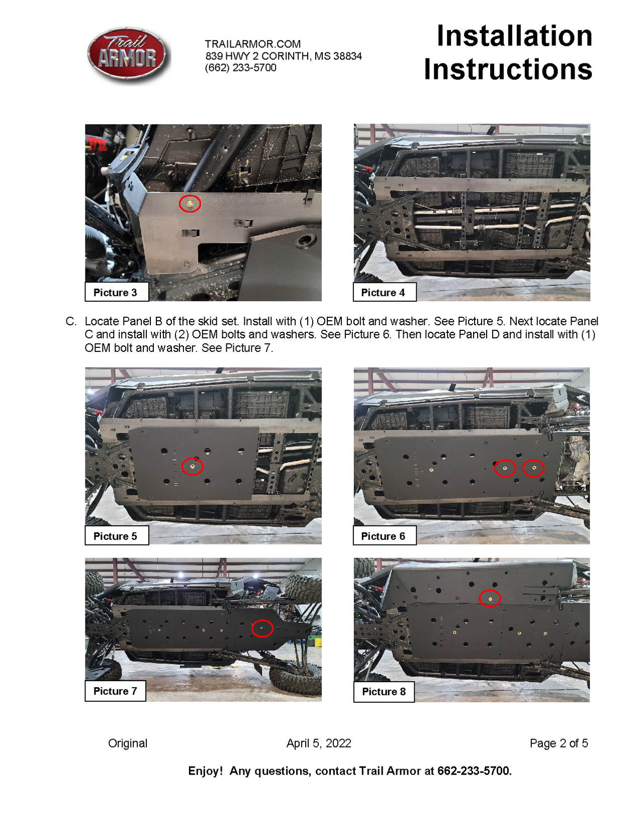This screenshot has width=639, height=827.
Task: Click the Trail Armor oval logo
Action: click(x=128, y=55)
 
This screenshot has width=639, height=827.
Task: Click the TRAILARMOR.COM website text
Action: click(x=252, y=44)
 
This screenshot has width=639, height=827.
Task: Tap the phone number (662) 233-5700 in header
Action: click(x=240, y=68)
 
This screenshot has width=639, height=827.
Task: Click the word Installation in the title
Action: click(x=514, y=36)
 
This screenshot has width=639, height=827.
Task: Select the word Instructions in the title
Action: click(x=508, y=69)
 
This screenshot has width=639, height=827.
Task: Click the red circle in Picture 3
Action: click(x=190, y=204)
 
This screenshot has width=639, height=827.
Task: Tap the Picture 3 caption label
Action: click(x=116, y=293)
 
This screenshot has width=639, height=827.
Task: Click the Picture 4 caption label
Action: click(x=383, y=293)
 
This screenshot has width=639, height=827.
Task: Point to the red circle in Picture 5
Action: click(x=193, y=467)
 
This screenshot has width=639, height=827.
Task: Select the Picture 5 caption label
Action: click(x=116, y=536)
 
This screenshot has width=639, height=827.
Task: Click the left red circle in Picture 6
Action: click(x=505, y=468)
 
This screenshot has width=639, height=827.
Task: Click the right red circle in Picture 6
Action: click(x=533, y=468)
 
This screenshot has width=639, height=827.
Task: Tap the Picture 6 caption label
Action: click(x=383, y=536)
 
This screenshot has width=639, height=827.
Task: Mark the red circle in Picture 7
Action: click(x=262, y=628)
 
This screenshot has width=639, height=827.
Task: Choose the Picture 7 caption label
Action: click(x=116, y=691)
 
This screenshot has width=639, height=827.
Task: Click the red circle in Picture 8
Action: click(x=490, y=598)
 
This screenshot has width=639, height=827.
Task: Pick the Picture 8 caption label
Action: click(x=384, y=692)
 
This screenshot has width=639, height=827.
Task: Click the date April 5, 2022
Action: click(x=319, y=743)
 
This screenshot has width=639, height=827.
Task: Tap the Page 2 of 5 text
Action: click(x=559, y=743)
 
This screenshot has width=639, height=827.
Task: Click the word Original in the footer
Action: click(x=128, y=743)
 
